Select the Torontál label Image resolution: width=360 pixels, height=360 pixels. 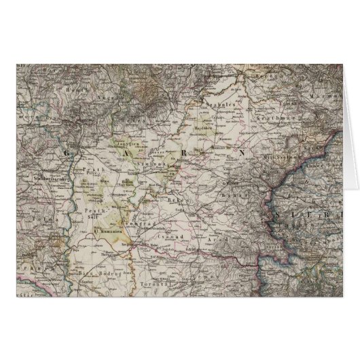pos(163,270)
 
